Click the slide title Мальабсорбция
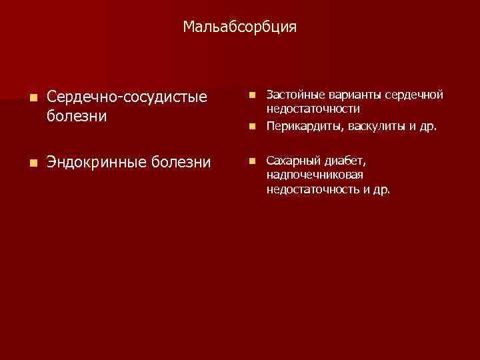(240, 27)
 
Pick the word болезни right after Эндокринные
(183, 162)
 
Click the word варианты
(351, 95)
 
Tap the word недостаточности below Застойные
(313, 108)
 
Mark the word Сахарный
(291, 161)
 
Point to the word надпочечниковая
(315, 175)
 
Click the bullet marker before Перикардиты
(252, 126)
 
